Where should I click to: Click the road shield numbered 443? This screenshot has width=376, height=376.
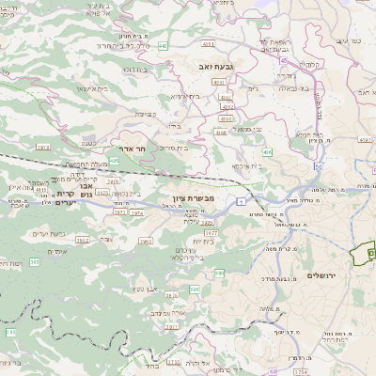coord(163,45)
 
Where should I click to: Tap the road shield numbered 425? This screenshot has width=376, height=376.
coord(115,162)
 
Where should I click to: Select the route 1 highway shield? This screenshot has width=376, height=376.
coord(242,201)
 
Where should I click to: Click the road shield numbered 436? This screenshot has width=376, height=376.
coord(268,151)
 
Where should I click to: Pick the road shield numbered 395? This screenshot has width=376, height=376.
coord(35,262)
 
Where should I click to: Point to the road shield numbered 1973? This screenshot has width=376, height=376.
coord(43,147)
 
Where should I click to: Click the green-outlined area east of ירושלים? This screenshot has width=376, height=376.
coord(363,253)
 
